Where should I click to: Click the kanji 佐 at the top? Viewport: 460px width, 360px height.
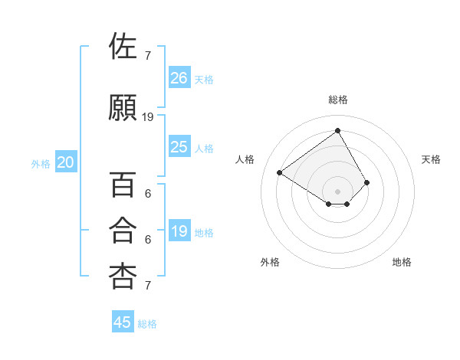coord(123,47)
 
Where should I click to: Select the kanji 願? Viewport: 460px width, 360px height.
coord(123,107)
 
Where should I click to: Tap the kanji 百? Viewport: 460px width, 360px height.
coord(123,185)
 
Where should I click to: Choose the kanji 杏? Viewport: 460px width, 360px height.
coord(123,277)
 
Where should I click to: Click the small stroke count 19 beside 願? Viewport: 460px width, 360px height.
coord(148,117)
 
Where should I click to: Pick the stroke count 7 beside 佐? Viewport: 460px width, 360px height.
coord(147,56)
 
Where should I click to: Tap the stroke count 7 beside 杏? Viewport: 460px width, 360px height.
coord(147,286)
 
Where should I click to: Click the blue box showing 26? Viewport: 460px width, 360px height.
coord(179,77)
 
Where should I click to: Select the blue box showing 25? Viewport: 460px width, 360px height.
coord(179,147)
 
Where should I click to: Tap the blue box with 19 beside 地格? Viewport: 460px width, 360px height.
coord(179,231)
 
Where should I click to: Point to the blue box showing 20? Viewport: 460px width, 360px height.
coord(65,162)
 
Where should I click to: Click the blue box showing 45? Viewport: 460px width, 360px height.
coord(123,322)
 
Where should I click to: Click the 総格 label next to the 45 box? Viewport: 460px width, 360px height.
coord(147,324)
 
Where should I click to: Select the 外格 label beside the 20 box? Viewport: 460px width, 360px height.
coord(41,164)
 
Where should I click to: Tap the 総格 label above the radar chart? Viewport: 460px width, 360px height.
coord(337,100)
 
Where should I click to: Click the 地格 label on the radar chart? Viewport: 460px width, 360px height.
coord(402,262)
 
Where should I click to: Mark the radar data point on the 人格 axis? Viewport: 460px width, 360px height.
coord(280,172)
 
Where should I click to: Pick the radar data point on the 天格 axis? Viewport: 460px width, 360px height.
coord(367,182)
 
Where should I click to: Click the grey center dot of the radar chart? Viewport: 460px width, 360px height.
coord(337,191)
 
